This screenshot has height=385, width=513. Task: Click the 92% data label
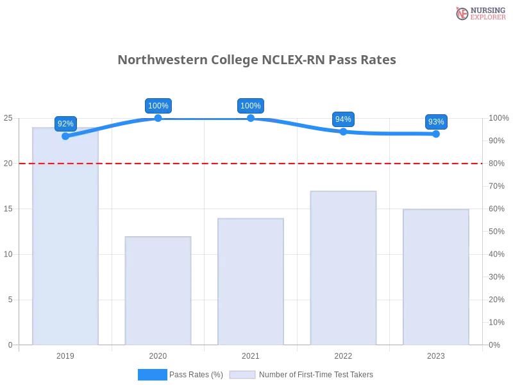[x=65, y=123]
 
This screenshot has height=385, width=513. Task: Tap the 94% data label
[x=343, y=119]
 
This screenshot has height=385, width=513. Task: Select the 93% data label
[x=436, y=121]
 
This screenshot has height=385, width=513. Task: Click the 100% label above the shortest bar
[x=158, y=106]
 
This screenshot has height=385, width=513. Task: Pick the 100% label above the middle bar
[x=250, y=106]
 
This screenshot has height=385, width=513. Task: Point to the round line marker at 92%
[x=65, y=136]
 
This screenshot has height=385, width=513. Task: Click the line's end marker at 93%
[x=436, y=134]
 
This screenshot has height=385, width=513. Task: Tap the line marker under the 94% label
[x=343, y=132]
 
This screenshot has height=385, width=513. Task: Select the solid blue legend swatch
[x=153, y=374]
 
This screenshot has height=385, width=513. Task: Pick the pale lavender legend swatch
[x=242, y=374]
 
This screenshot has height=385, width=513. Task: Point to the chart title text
[x=259, y=60]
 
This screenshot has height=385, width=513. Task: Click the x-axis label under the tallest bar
[x=67, y=354]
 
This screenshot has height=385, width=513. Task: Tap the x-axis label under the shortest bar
[x=159, y=354]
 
